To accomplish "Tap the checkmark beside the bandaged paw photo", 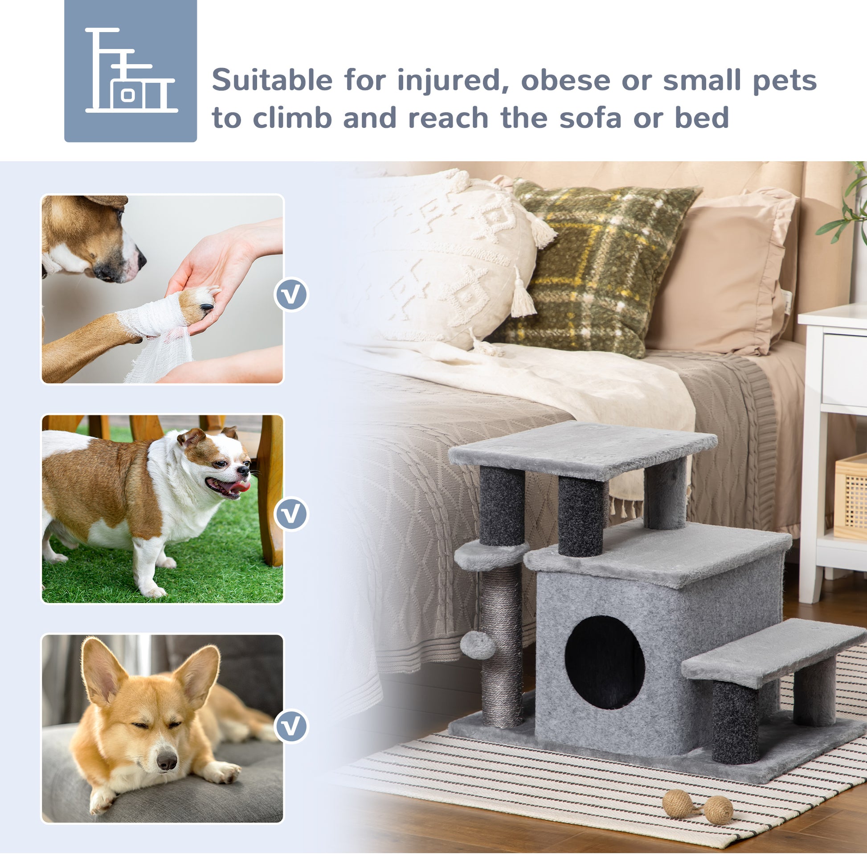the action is (x=291, y=295).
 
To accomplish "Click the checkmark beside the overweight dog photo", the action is (x=291, y=514).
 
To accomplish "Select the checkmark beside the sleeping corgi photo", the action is (x=291, y=726).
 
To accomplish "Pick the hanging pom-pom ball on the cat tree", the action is (x=477, y=645).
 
